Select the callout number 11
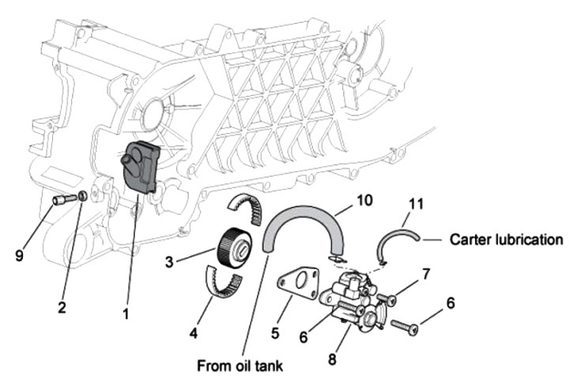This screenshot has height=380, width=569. tap(416, 203)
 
